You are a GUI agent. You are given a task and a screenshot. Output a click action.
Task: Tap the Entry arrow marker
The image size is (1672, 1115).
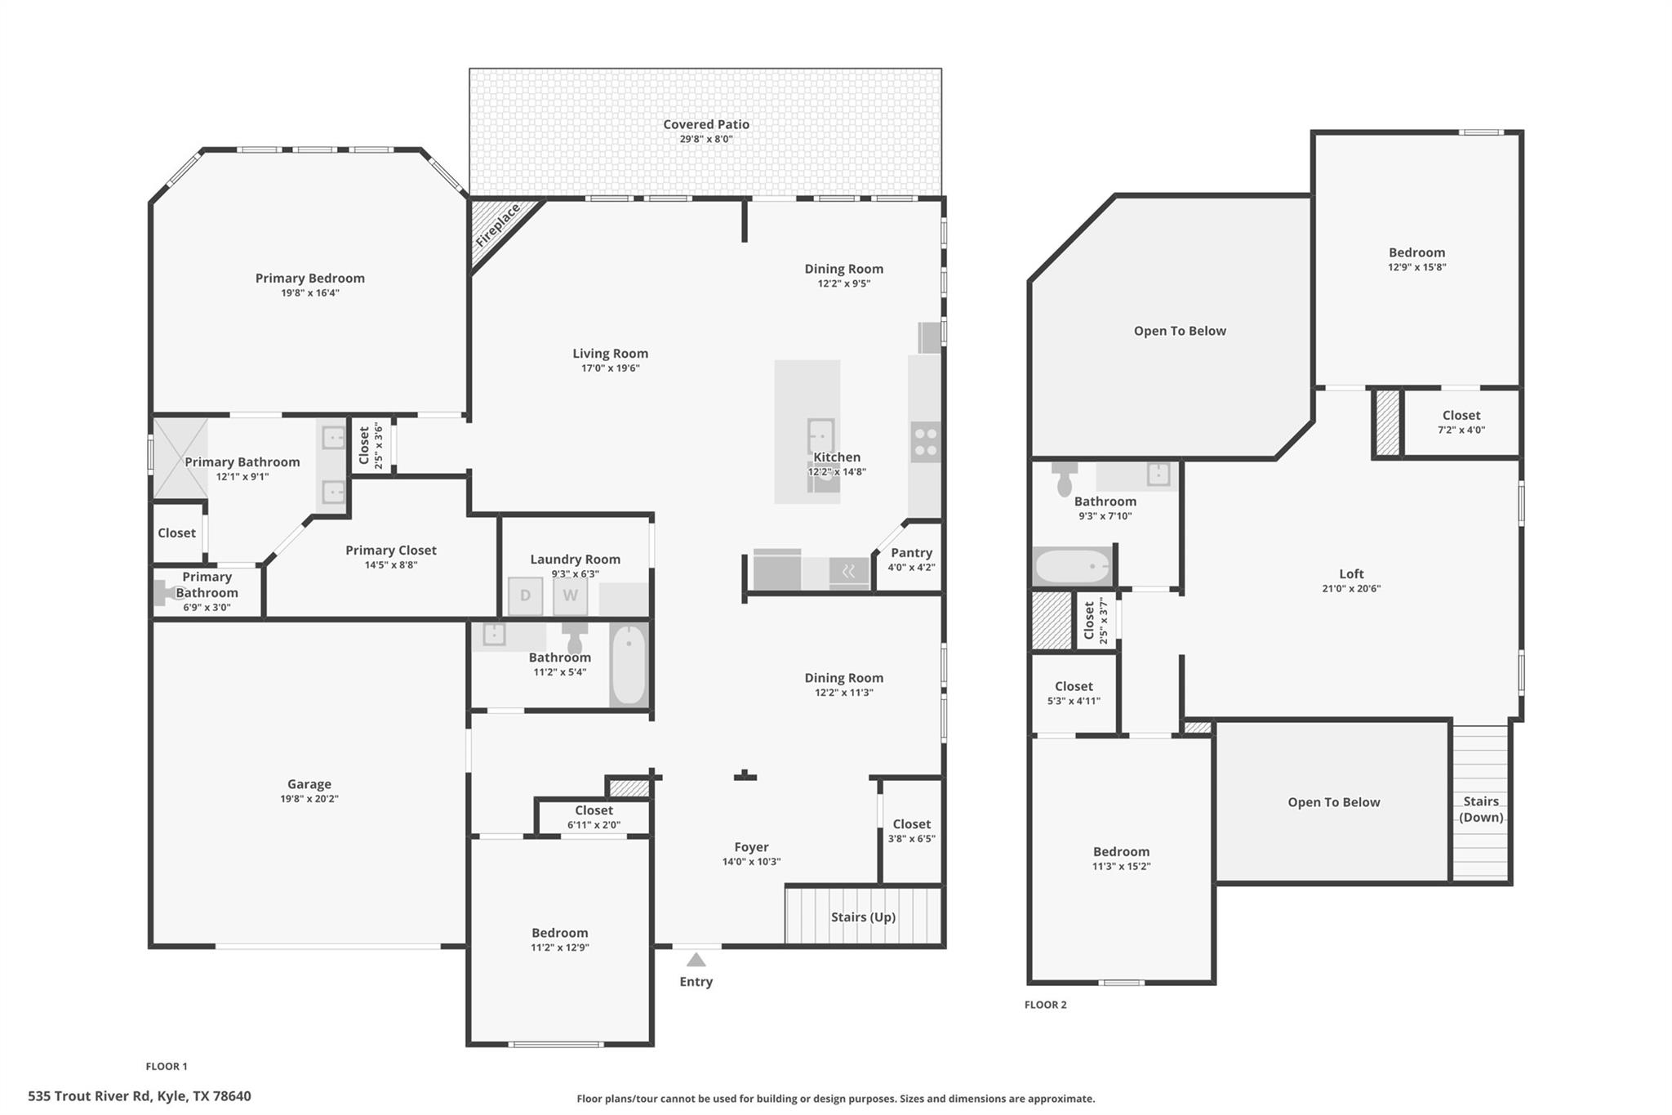[696, 960]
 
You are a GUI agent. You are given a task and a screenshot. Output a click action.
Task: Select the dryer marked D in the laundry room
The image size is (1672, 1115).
[525, 595]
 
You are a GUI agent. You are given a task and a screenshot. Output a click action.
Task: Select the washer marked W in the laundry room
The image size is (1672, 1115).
[570, 595]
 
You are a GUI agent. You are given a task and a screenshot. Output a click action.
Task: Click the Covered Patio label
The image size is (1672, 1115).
[705, 124]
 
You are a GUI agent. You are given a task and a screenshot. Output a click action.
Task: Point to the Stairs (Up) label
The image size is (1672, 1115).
[863, 917]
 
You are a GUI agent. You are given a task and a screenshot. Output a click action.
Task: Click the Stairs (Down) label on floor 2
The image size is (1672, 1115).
[1480, 809]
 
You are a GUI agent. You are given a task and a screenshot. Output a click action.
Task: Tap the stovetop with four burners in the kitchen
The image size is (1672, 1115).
[926, 442]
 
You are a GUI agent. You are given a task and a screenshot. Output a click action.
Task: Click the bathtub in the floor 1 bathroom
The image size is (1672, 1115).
[629, 664]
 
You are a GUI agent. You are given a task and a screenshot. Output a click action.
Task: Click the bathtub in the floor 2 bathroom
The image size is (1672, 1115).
[1072, 566]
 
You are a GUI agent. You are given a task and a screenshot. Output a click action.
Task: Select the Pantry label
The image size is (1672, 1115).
[911, 553]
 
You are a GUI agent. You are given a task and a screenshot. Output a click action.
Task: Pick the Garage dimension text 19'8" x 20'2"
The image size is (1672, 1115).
[309, 799]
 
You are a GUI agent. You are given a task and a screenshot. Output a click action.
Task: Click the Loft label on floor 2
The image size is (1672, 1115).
[1351, 573]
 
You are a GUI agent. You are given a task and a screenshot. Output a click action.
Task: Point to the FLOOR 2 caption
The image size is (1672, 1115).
[1045, 1005]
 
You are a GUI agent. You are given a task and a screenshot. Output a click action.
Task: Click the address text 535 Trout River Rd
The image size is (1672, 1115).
[139, 1096]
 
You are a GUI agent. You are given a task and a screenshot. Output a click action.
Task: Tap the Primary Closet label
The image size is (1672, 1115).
[390, 551]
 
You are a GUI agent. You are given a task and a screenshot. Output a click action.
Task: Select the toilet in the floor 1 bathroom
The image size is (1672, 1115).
[575, 637]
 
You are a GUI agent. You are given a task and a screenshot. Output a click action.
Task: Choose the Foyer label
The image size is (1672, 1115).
[751, 847]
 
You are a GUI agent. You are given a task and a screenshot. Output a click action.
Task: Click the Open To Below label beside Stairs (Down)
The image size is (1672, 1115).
[1333, 802]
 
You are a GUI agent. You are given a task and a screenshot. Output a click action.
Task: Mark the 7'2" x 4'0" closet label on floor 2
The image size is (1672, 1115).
[1461, 430]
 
